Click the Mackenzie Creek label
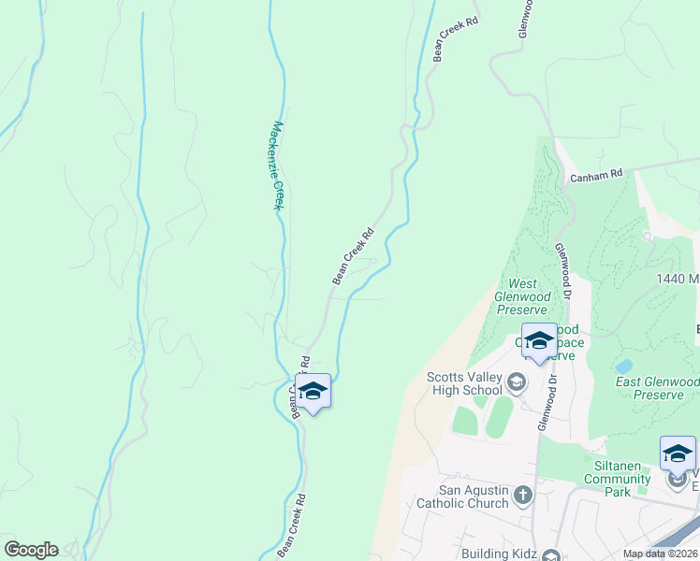pos(276,165)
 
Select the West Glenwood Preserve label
pos(520,296)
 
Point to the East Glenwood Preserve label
pos(657,388)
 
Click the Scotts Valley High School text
pos(464,383)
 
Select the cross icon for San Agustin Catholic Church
pos(523,494)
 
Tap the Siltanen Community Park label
pos(617,472)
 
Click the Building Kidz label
pos(499,554)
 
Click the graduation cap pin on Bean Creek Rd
pos(313,393)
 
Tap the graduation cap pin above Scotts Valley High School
pos(539,342)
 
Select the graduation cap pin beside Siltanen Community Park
pos(678,455)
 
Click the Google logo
pos(31,550)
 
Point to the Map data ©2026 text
pos(659,554)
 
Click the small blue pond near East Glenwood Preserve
pos(623,366)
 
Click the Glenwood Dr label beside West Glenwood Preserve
pos(564,271)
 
